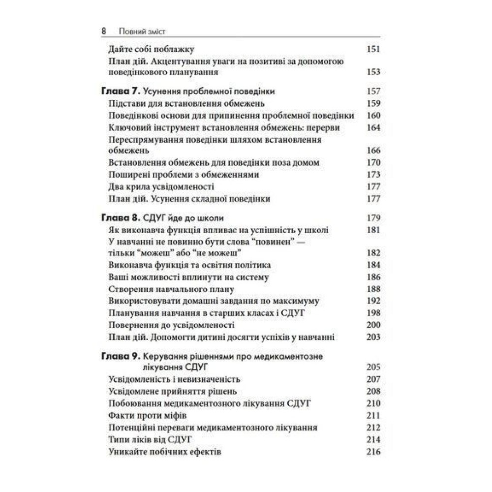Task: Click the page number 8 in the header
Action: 104,31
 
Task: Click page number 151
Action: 374,49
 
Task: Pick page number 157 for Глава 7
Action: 374,92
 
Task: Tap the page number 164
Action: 374,128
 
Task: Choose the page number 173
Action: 374,175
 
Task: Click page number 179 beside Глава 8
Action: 374,218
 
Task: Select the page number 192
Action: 374,301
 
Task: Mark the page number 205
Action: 374,367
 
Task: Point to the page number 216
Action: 374,452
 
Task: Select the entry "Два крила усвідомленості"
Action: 160,187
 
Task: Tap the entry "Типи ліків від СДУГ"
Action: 150,440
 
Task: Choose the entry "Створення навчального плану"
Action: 170,289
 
